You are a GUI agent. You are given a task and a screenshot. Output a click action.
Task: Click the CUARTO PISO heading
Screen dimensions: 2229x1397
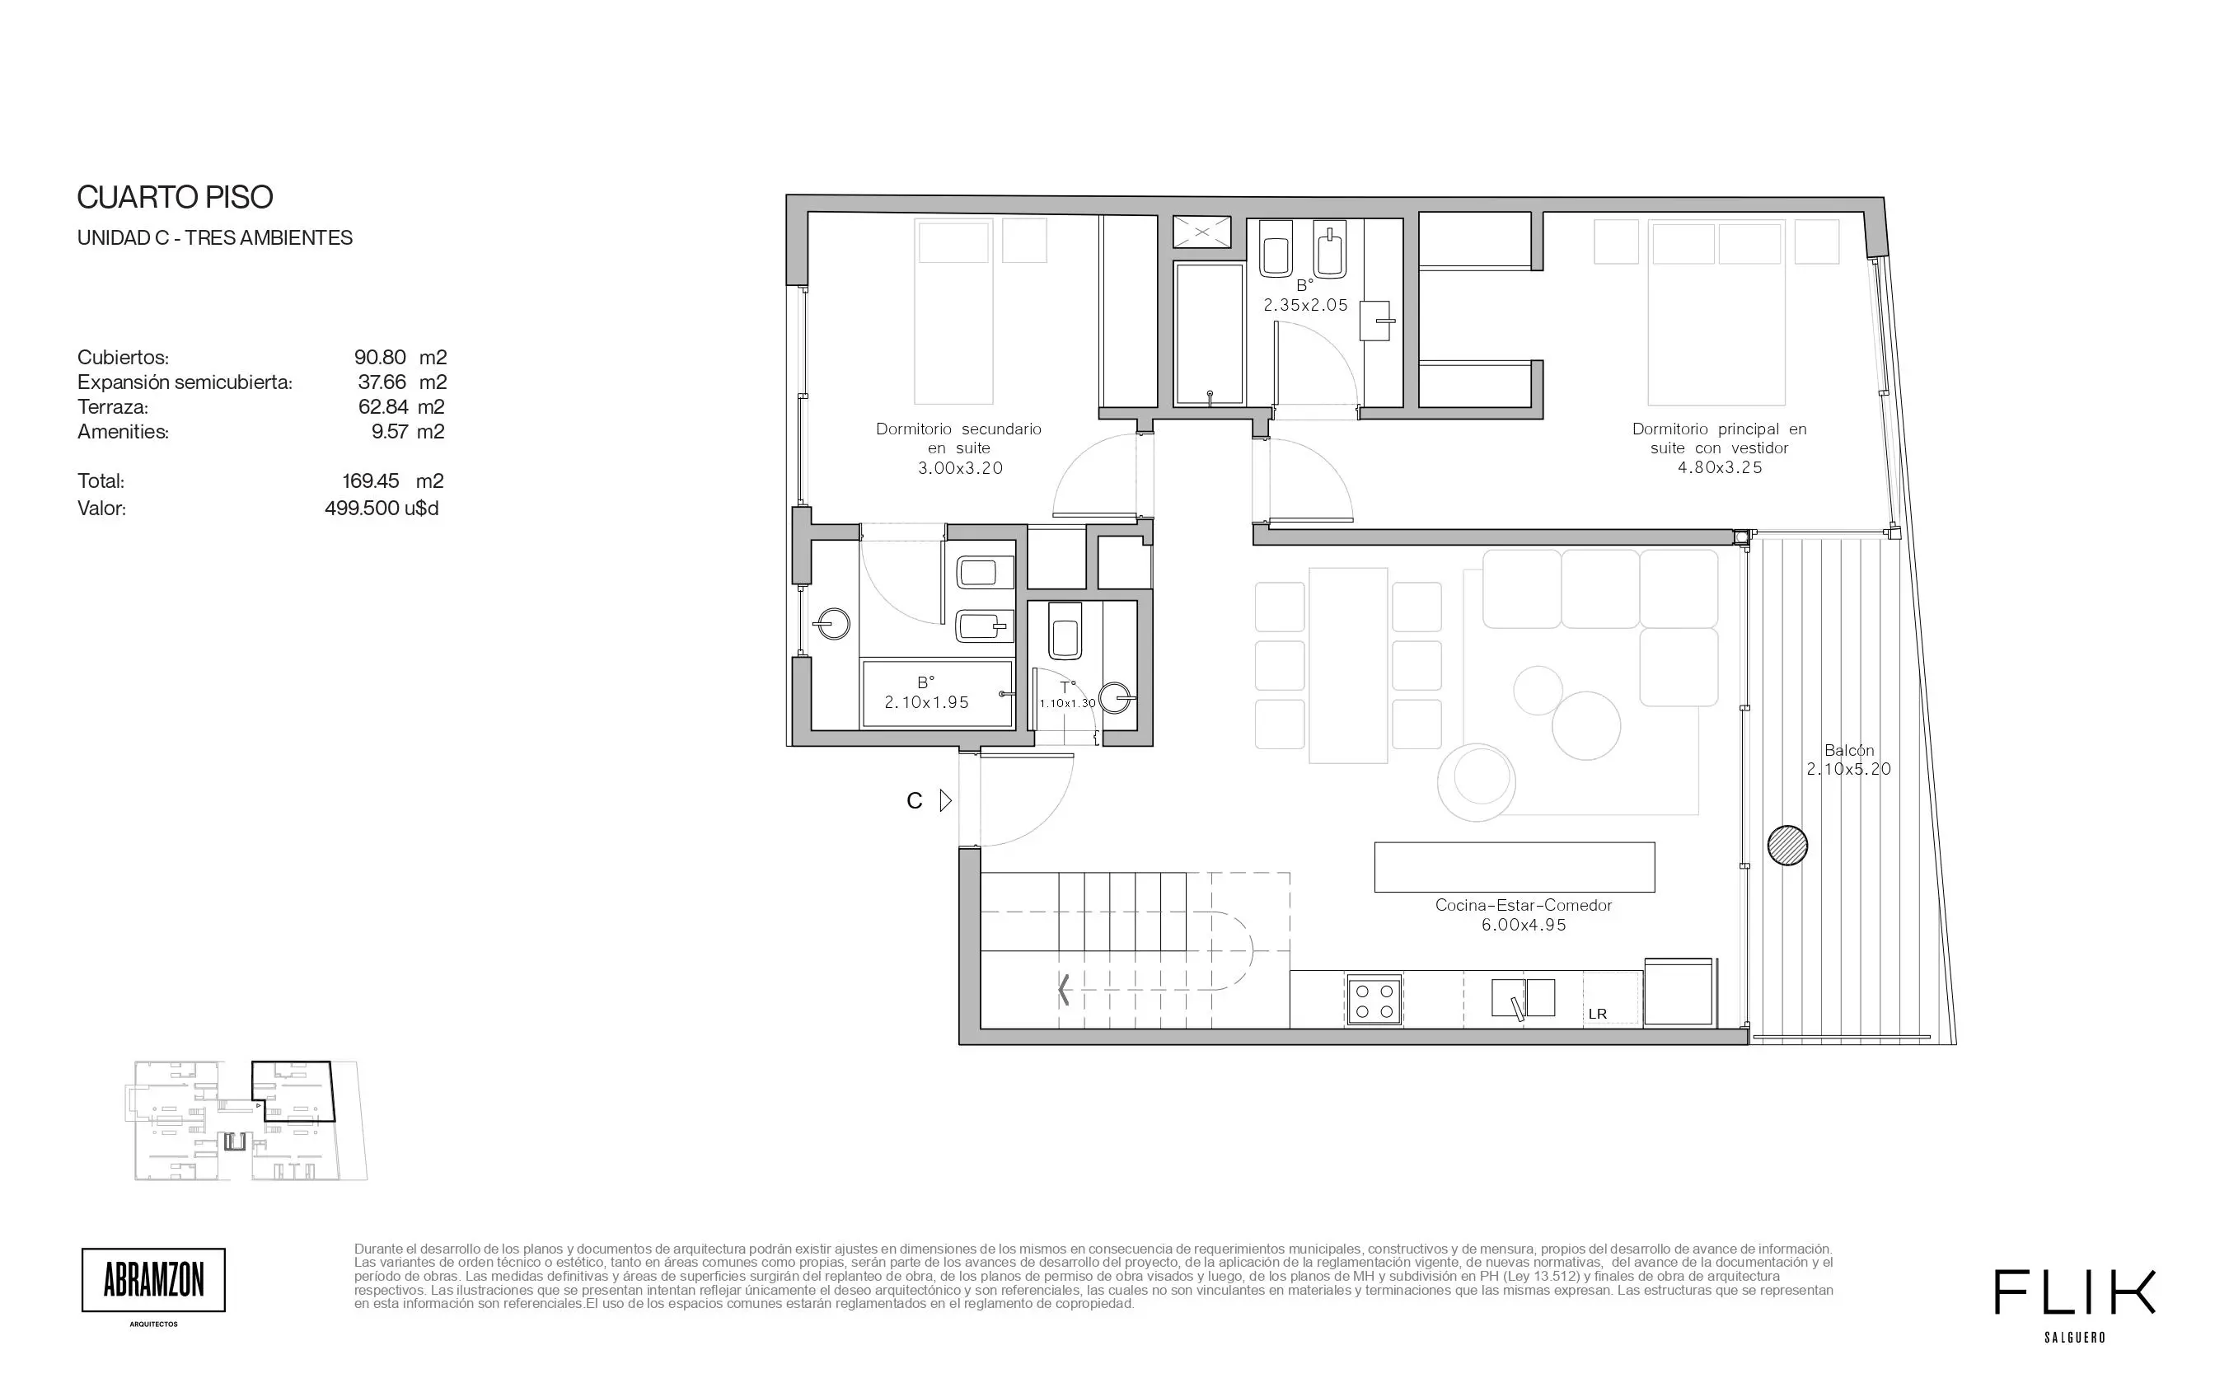[175, 197]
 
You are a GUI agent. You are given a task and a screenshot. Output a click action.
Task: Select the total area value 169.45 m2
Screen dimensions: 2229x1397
[392, 481]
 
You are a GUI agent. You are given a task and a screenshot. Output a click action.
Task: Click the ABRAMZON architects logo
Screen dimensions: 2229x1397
[153, 1281]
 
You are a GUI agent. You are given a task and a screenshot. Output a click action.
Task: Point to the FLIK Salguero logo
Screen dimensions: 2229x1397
[2075, 1304]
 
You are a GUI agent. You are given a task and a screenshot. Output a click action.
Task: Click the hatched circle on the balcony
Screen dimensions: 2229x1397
[1787, 846]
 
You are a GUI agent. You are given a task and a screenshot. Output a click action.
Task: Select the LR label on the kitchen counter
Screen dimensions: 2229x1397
[1597, 1014]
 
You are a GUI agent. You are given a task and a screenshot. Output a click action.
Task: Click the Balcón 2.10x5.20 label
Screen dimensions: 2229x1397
[1848, 759]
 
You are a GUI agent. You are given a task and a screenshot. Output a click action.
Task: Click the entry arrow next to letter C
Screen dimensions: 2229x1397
[945, 800]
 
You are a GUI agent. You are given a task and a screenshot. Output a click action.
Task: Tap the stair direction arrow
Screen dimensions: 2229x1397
[1064, 990]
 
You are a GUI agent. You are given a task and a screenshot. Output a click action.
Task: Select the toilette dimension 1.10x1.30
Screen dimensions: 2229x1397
[1067, 703]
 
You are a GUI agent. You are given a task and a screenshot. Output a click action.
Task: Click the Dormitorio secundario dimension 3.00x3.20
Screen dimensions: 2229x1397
[960, 467]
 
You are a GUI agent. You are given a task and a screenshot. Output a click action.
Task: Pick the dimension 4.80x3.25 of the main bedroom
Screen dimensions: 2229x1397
[1720, 467]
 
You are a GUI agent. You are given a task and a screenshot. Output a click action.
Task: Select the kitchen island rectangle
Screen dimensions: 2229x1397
[1514, 867]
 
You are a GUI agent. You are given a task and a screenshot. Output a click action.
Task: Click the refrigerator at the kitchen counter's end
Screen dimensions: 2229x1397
[1679, 991]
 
